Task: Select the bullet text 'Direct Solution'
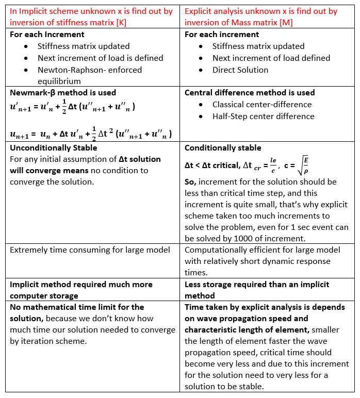coord(240,70)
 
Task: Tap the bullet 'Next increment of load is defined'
coord(100,58)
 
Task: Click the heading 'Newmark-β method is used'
coord(63,93)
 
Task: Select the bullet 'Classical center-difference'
coord(262,105)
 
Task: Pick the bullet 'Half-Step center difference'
coord(263,117)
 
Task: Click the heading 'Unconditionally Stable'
coord(53,147)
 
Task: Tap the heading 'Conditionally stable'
coord(223,148)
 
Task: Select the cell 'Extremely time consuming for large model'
coord(90,250)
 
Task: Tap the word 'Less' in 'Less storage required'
coord(193,284)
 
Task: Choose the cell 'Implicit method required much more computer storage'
coord(81,290)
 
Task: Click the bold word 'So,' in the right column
coord(191,182)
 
